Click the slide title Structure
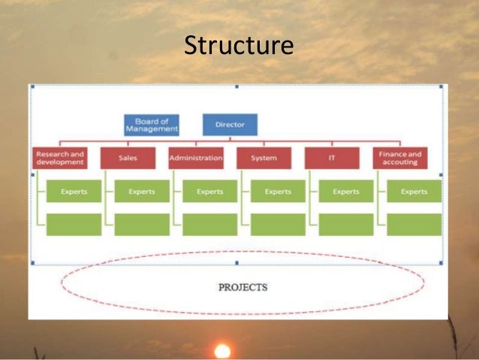point(239,46)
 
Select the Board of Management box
point(152,125)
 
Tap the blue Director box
point(230,125)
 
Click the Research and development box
point(60,158)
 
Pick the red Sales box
point(128,158)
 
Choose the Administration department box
point(196,158)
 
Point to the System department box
point(264,158)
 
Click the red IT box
point(332,158)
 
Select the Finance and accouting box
point(399,158)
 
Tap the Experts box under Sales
point(142,192)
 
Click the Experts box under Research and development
point(74,192)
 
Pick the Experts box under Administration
point(209,192)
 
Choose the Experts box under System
point(278,192)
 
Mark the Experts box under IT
point(346,192)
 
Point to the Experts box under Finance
point(414,192)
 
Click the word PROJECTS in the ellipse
point(243,287)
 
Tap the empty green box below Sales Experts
point(142,224)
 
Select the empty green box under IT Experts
point(346,224)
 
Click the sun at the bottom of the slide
point(222,351)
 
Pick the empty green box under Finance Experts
point(414,224)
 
